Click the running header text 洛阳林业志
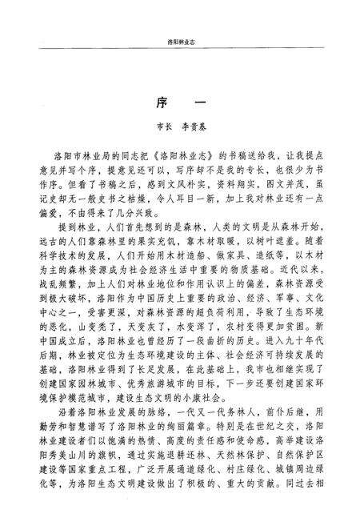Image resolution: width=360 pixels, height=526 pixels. [x=180, y=38]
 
